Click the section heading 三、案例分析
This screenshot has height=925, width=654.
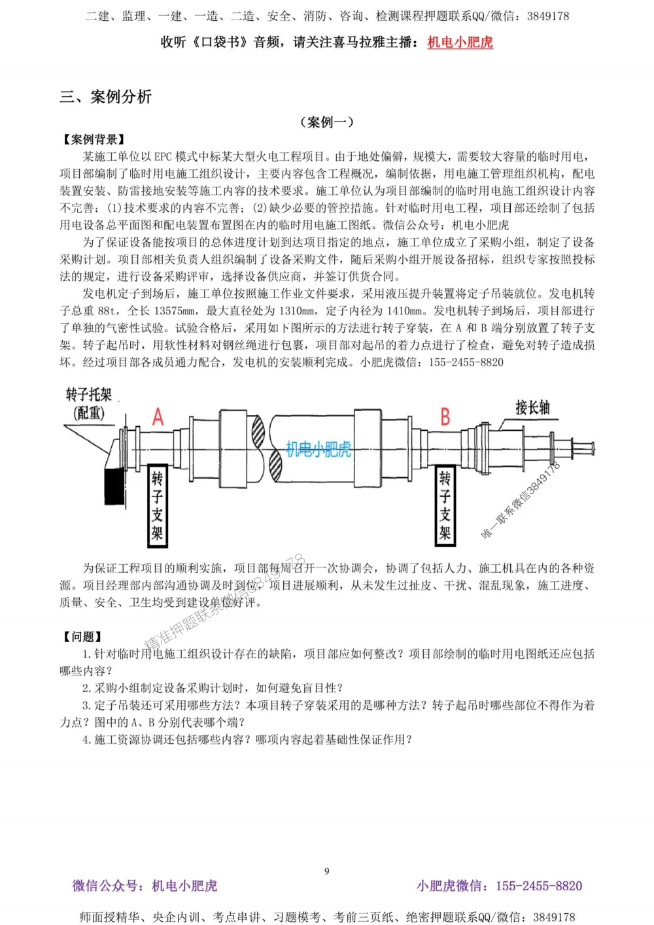pos(105,97)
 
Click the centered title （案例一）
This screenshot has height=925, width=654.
pos(327,122)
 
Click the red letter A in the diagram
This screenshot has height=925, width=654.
pos(158,417)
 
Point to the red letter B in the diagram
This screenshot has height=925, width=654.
pos(445,417)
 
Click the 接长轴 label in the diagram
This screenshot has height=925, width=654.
pos(532,408)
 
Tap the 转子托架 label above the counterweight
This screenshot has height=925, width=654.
pos(89,394)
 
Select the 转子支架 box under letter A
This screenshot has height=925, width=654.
pos(157,506)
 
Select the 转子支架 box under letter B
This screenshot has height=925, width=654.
pos(445,506)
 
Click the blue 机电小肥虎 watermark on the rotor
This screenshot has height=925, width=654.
pos(318,449)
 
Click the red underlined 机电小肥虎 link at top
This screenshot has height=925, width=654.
pos(460,42)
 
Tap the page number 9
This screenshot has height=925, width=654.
pos(327,871)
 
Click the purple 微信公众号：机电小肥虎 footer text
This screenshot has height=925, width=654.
pos(145,886)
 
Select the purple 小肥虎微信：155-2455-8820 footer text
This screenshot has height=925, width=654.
pos(499,886)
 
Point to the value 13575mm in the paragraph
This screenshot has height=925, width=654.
pos(177,311)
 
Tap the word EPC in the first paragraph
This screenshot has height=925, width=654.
pos(163,157)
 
